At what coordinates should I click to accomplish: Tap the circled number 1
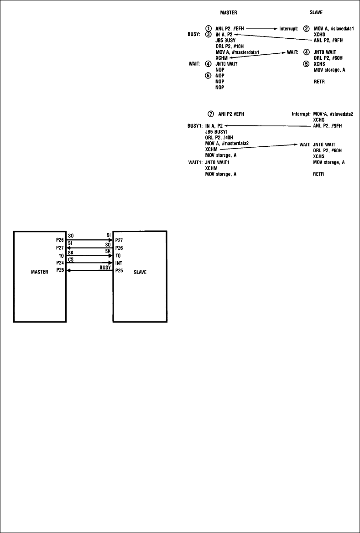(x=209, y=28)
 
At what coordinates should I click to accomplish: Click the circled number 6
(x=209, y=75)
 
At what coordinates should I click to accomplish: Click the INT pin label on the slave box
(x=120, y=263)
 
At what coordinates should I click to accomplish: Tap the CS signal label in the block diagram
(x=70, y=260)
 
